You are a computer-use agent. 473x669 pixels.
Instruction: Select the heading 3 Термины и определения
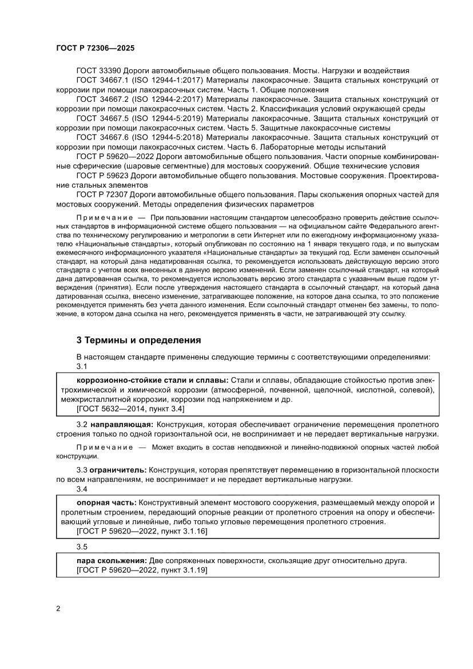coord(138,340)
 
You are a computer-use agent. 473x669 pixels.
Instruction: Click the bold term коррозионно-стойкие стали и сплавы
coord(151,381)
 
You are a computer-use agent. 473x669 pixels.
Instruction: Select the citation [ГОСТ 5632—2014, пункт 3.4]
coord(130,409)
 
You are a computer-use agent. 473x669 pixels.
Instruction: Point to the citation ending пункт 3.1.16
coord(141,532)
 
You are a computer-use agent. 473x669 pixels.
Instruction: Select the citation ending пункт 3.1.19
coord(141,571)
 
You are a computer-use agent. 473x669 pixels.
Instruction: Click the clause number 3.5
coord(82,546)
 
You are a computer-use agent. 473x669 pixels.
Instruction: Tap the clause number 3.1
coord(82,366)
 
